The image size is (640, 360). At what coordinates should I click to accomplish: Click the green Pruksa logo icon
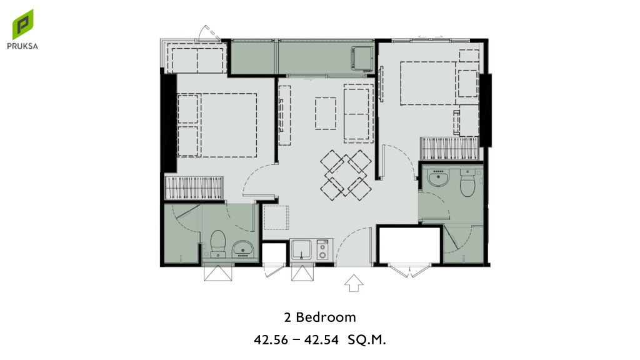[x=22, y=24]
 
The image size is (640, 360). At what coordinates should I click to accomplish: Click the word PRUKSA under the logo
[x=22, y=46]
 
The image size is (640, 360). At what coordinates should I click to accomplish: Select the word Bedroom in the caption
[x=326, y=317]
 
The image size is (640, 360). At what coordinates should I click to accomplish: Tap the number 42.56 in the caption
[x=271, y=339]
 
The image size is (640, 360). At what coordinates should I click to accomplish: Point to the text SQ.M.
[x=366, y=339]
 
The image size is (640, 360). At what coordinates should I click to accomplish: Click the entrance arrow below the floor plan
[x=354, y=283]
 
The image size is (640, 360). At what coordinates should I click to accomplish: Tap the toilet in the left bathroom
[x=218, y=244]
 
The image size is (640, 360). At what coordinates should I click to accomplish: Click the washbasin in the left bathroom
[x=243, y=249]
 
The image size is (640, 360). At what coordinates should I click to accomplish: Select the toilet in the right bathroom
[x=467, y=183]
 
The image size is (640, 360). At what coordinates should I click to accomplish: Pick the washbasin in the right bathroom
[x=438, y=178]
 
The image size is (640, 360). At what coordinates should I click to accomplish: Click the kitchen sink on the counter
[x=302, y=249]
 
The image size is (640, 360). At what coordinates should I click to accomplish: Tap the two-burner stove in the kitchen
[x=322, y=250]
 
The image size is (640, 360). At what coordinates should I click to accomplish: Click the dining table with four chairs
[x=346, y=176]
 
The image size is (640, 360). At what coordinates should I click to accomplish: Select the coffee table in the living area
[x=325, y=114]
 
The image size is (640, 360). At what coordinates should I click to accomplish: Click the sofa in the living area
[x=358, y=114]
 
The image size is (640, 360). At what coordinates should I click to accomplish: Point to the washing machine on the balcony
[x=362, y=58]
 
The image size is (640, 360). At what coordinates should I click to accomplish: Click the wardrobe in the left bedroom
[x=194, y=188]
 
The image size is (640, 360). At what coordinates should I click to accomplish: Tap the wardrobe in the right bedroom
[x=449, y=148]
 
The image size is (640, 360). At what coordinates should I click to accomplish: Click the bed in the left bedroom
[x=217, y=125]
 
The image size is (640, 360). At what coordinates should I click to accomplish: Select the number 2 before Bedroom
[x=287, y=317]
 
